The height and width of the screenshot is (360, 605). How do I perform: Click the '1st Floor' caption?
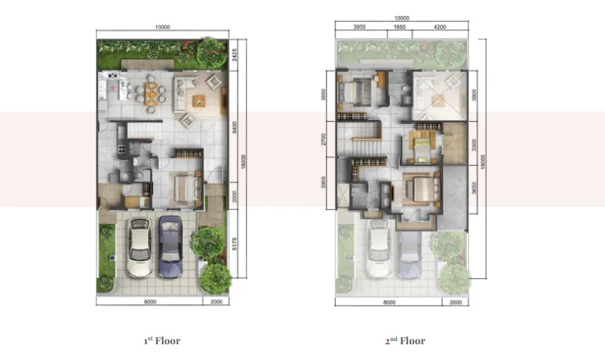point(162,341)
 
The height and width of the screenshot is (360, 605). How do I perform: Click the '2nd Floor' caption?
point(405,341)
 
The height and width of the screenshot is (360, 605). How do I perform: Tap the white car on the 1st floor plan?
point(140,247)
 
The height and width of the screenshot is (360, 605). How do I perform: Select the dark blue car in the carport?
point(170,247)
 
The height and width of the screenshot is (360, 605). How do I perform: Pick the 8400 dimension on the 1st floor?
point(235,128)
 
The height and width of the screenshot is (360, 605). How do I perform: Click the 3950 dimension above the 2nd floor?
point(360,27)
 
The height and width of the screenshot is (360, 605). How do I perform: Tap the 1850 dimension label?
point(399,27)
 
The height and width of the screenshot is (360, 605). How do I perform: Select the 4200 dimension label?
point(440,27)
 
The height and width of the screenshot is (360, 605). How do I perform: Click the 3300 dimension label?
point(475,145)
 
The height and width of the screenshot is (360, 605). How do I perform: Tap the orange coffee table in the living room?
point(197,100)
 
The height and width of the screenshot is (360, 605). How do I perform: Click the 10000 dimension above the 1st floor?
point(163,27)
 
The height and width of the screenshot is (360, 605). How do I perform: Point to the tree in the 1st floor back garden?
point(211,52)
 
